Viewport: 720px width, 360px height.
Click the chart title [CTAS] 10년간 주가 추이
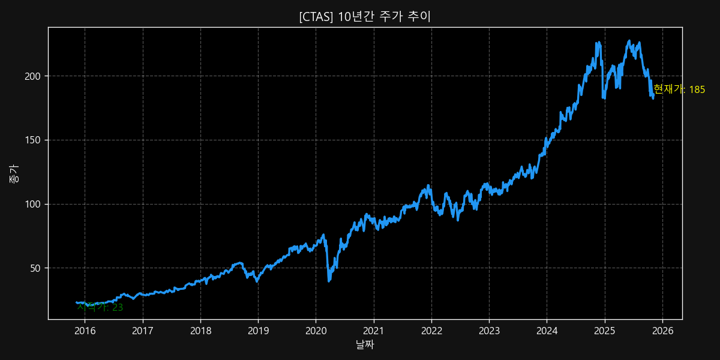[365, 17]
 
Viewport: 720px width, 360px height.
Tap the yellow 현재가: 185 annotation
[679, 89]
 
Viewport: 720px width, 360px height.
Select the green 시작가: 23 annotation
[100, 307]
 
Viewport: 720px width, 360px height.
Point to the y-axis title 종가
[13, 174]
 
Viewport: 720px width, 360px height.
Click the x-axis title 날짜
[365, 344]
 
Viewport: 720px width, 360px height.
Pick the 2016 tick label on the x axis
[85, 331]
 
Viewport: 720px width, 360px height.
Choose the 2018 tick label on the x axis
[200, 331]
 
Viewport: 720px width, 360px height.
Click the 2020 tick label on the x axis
[316, 331]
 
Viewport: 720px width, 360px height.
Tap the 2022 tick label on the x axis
[431, 331]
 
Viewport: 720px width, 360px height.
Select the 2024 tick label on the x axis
[547, 331]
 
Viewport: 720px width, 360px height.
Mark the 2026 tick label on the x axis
[662, 331]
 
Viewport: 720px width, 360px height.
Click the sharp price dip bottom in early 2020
[329, 281]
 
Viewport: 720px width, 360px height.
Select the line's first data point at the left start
[76, 302]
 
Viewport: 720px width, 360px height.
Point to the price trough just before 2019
[257, 281]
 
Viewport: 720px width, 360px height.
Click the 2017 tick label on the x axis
[142, 331]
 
